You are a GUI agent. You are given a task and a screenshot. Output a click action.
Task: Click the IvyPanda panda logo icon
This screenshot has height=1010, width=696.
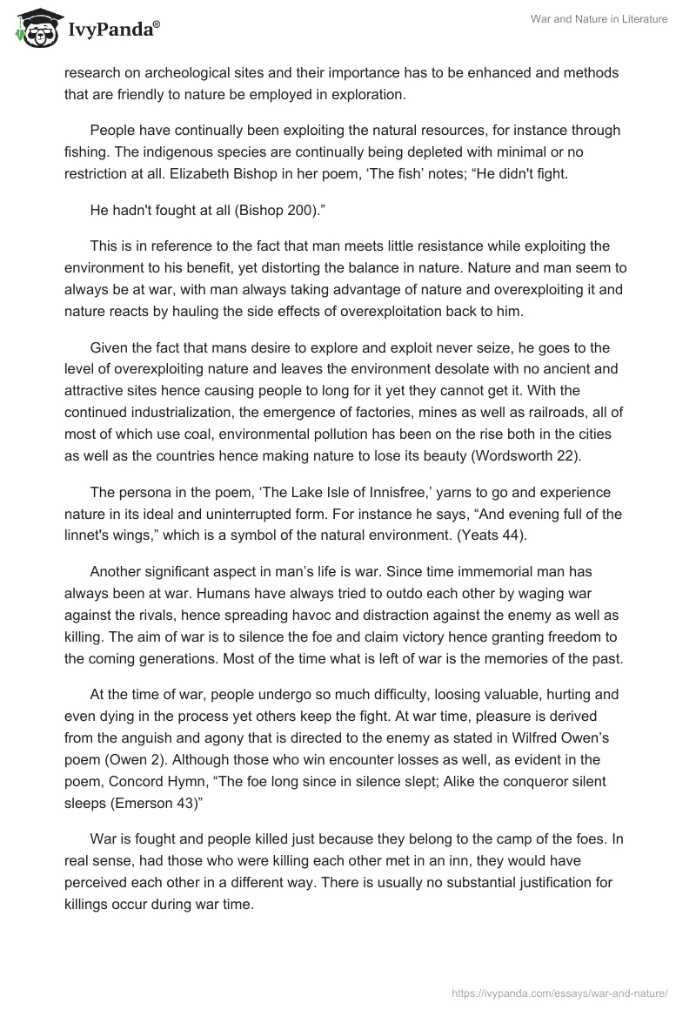point(36,30)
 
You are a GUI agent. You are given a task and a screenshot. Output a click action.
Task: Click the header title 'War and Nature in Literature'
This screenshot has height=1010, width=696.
point(599,19)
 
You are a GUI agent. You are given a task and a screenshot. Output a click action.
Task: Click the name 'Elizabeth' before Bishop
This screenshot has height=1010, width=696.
point(229,172)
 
